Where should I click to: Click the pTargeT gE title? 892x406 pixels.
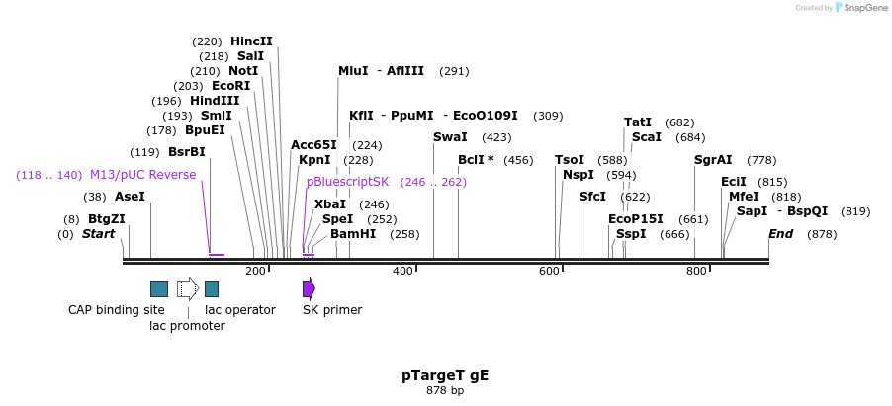click(445, 375)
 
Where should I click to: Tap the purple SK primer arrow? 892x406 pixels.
click(309, 288)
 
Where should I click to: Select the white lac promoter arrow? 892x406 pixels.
click(187, 288)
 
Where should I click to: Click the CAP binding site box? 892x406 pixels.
click(159, 288)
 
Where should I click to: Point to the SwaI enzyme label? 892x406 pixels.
click(450, 137)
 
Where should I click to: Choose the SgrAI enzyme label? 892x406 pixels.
click(713, 160)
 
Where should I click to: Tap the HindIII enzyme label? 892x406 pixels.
click(216, 101)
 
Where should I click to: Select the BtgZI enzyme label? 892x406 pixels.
click(107, 219)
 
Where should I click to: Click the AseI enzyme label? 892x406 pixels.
click(130, 197)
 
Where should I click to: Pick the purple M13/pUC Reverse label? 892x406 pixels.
click(142, 175)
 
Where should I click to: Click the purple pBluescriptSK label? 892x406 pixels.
click(348, 182)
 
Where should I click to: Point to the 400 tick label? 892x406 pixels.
click(402, 271)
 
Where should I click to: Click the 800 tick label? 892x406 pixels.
click(696, 271)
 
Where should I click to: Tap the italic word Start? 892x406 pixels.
click(99, 234)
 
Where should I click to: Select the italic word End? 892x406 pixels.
click(781, 234)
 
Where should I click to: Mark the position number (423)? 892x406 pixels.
click(496, 137)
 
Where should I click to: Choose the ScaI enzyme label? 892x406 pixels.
click(647, 137)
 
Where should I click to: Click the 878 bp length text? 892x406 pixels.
click(445, 391)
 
